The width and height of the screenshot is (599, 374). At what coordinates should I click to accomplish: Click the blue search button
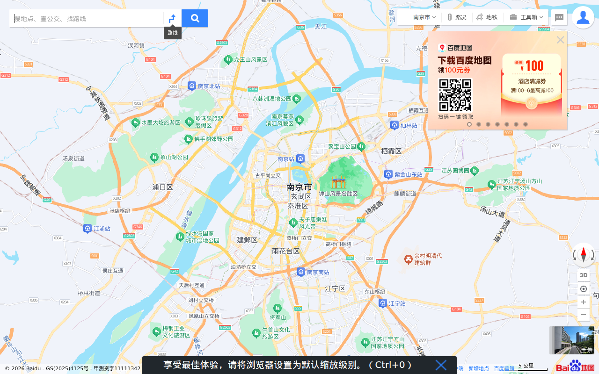tap(195, 19)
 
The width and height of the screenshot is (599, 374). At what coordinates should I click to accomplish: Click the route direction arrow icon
tap(172, 19)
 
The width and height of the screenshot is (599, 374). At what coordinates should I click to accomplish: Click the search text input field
tap(87, 19)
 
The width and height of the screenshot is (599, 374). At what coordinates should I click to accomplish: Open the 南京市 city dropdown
tap(424, 17)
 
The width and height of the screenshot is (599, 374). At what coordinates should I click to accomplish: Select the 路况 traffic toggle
tap(457, 17)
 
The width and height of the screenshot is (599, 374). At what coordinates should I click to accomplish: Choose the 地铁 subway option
tap(487, 17)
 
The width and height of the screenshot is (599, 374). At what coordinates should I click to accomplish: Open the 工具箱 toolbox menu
tap(526, 17)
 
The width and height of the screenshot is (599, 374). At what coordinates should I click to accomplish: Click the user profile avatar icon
tap(583, 17)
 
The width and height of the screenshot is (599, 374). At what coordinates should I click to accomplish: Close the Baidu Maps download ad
tap(560, 40)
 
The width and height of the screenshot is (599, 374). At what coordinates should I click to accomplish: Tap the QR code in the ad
tap(455, 95)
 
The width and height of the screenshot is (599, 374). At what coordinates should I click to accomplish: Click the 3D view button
tap(584, 275)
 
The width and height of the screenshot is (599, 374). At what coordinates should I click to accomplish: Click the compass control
tap(584, 255)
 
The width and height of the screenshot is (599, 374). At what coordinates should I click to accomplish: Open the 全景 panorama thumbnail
tap(572, 340)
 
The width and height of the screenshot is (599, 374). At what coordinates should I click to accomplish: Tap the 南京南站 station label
tap(318, 272)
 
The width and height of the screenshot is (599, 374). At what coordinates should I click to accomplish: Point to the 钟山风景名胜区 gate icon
tap(338, 182)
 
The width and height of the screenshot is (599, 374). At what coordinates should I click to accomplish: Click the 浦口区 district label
tap(162, 187)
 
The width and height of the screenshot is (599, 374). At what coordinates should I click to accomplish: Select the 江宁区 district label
tap(335, 289)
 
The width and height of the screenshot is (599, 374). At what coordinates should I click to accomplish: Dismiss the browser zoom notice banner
tap(441, 365)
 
